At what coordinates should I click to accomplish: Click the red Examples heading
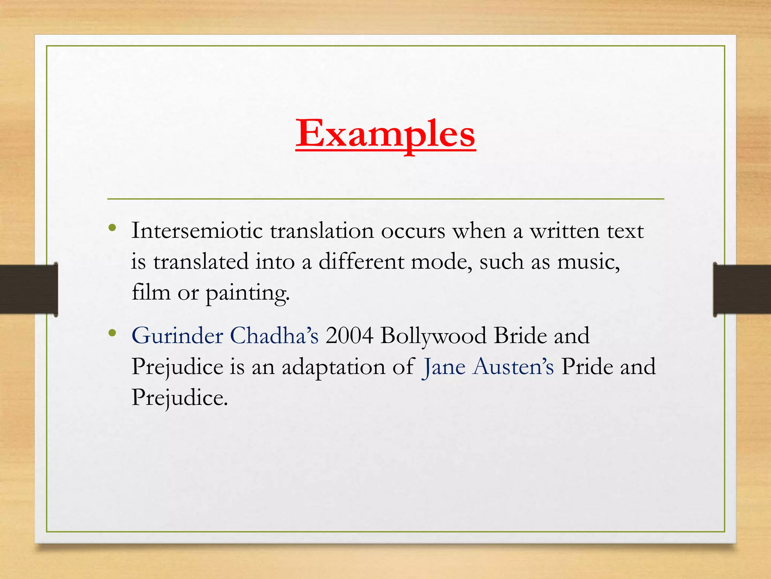coord(385,134)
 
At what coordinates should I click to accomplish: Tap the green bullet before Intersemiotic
coord(112,228)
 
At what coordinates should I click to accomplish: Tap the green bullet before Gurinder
coord(112,332)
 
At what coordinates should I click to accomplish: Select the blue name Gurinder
coord(177,335)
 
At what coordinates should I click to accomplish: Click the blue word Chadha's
coord(274,335)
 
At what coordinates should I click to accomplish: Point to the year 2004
coord(349,335)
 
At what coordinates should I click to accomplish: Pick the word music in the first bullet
coord(588,262)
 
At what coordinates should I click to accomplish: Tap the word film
coord(151,292)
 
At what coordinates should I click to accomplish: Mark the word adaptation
coord(334,367)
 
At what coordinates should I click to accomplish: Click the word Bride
coord(520,335)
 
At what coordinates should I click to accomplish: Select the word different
coord(361,262)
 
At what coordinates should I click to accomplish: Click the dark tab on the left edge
coord(29,289)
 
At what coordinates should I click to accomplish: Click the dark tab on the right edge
coord(742,289)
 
